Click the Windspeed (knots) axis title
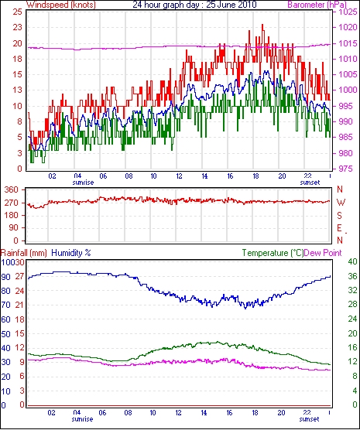pyautogui.click(x=61, y=5)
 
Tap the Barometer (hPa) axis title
pyautogui.click(x=317, y=5)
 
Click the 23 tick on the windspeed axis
pyautogui.click(x=18, y=27)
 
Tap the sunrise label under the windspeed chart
pyautogui.click(x=83, y=183)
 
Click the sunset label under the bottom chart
pyautogui.click(x=309, y=419)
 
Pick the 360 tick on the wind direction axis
pyautogui.click(x=12, y=189)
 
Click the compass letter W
pyautogui.click(x=341, y=203)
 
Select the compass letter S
pyautogui.click(x=340, y=216)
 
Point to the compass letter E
pyautogui.click(x=340, y=228)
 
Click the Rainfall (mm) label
pyautogui.click(x=24, y=253)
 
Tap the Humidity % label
pyautogui.click(x=71, y=253)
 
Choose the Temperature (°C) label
pyautogui.click(x=273, y=253)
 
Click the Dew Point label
pyautogui.click(x=323, y=253)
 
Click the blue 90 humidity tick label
pyautogui.click(x=5, y=277)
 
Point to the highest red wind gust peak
pyautogui.click(x=262, y=25)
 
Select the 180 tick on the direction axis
pyautogui.click(x=12, y=215)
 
